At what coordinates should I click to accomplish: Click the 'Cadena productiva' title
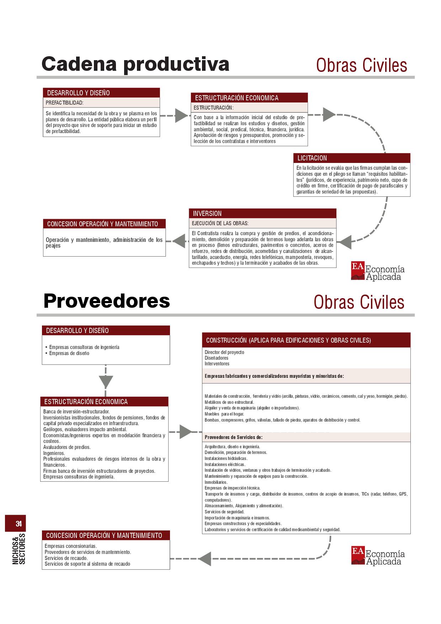(x=135, y=64)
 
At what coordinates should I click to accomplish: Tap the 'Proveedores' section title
(x=107, y=301)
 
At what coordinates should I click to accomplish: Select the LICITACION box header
(x=351, y=158)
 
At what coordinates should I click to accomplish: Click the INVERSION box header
(x=262, y=213)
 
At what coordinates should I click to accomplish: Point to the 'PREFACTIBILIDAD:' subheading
(x=65, y=103)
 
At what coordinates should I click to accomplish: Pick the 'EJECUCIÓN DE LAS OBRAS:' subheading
(x=220, y=223)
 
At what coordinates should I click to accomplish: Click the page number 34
(x=18, y=524)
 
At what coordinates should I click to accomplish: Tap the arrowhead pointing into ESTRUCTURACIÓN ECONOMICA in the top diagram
(x=181, y=116)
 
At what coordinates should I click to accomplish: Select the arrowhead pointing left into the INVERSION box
(x=344, y=242)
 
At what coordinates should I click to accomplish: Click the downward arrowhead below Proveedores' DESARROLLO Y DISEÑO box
(x=106, y=382)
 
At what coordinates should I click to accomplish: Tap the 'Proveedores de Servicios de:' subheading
(x=234, y=437)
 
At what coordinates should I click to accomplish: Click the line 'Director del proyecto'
(x=224, y=352)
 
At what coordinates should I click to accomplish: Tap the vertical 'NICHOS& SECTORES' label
(x=19, y=549)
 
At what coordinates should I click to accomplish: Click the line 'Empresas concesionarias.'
(x=71, y=546)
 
